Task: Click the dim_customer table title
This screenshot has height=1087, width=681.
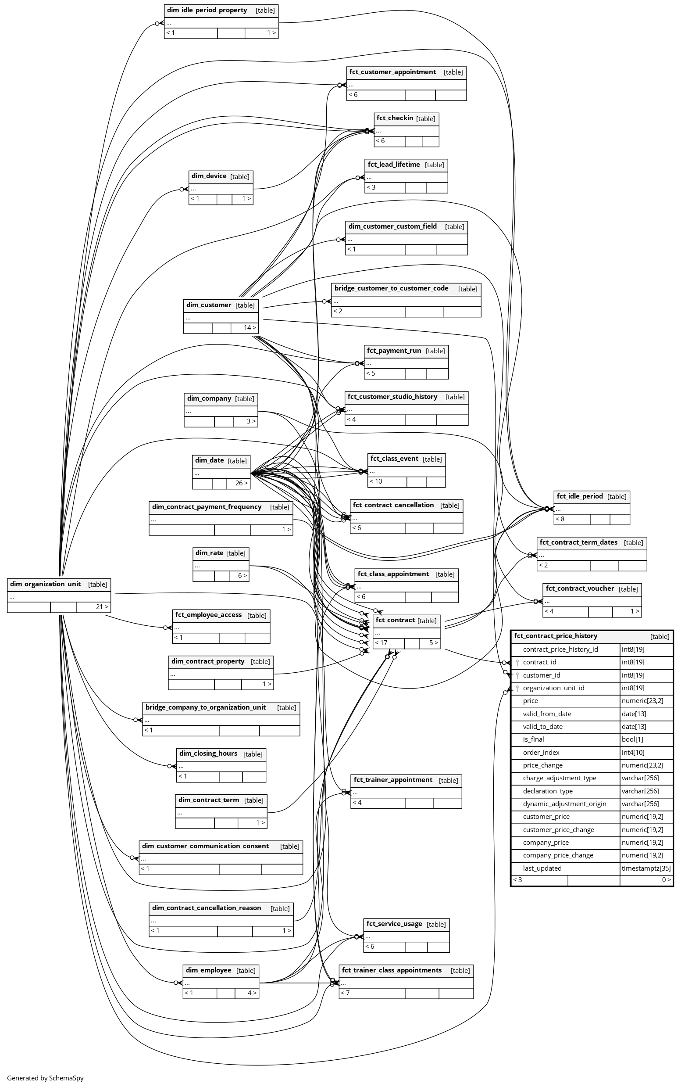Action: [x=209, y=305]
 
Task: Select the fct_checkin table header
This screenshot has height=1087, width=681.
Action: [x=395, y=118]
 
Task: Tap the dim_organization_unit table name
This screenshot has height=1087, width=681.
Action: [x=46, y=584]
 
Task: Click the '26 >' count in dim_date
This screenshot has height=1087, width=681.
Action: [x=241, y=483]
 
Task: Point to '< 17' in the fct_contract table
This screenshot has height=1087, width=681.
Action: [x=381, y=642]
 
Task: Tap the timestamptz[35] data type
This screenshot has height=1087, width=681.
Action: [x=646, y=868]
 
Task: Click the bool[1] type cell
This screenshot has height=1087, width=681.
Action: [x=632, y=739]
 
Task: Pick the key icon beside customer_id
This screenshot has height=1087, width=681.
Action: [x=517, y=675]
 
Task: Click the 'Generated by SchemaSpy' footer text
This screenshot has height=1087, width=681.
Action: [x=45, y=1078]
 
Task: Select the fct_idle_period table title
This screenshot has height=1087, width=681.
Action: [x=580, y=496]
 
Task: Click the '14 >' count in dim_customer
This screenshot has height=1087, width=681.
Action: [x=250, y=328]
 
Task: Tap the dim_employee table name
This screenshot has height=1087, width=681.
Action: [x=209, y=970]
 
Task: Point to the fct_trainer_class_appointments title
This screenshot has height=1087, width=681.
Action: [x=392, y=970]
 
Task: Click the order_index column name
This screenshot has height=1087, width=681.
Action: [x=541, y=753]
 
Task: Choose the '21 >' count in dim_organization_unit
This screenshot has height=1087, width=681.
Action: [x=102, y=607]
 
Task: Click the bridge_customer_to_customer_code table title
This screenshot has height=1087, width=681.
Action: [x=392, y=288]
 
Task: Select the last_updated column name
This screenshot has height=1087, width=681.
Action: [x=542, y=868]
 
